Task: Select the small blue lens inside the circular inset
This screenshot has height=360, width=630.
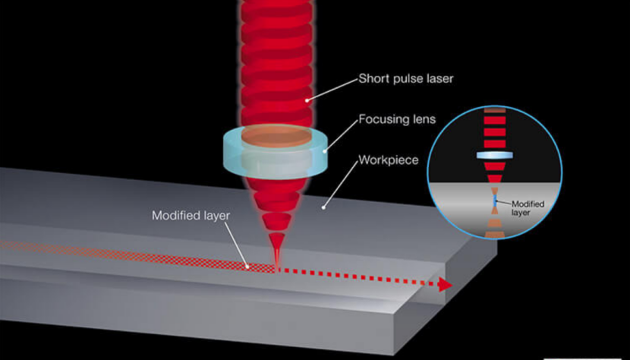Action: point(493,154)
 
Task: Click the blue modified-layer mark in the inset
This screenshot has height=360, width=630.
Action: point(494,200)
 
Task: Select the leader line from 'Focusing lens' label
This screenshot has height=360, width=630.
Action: point(339,134)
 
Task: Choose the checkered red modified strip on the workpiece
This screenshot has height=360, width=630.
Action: point(152,255)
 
